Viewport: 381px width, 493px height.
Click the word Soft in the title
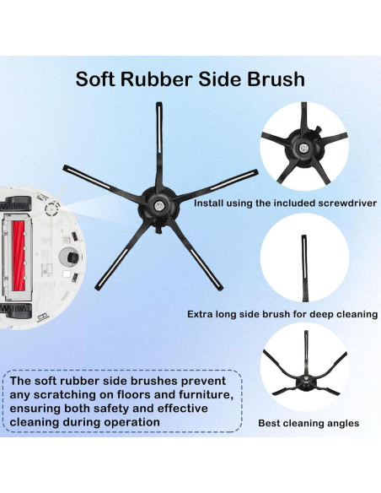[x=96, y=79]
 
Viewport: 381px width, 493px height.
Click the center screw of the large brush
[x=158, y=205]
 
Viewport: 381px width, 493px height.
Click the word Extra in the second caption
[x=203, y=314]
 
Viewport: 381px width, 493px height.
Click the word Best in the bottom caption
[x=271, y=423]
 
